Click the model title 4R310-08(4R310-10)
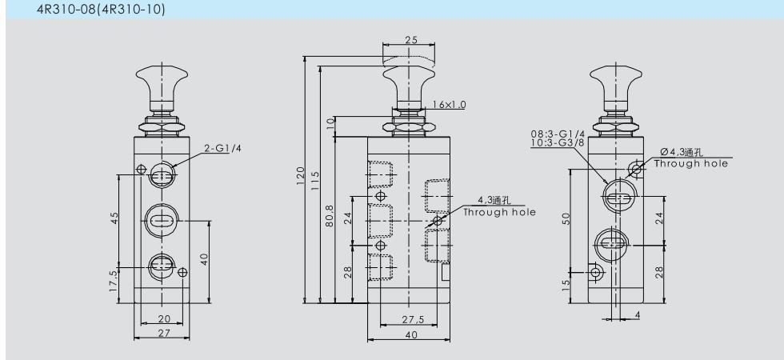(101, 9)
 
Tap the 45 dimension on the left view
(114, 218)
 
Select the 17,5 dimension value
(114, 281)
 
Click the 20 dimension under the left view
(164, 318)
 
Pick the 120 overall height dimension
(300, 175)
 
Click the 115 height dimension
(315, 180)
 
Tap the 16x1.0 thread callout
(450, 105)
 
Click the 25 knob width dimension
(411, 40)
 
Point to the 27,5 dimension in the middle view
(413, 319)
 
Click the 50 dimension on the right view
(566, 218)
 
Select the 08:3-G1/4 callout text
(558, 134)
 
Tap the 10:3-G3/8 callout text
(558, 142)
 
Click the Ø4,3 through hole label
(682, 153)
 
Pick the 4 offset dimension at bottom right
(638, 315)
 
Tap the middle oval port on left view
(162, 221)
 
